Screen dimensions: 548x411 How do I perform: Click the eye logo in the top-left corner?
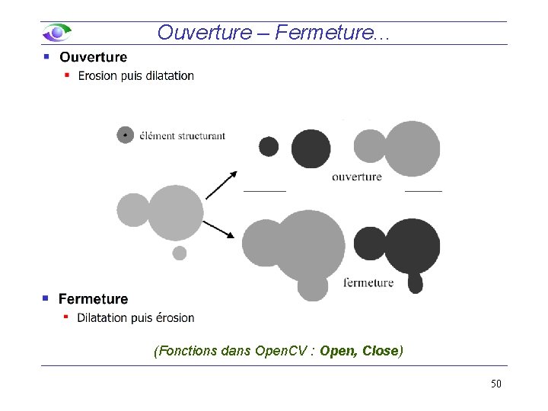click(57, 33)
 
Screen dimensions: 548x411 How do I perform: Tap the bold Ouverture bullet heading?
click(93, 57)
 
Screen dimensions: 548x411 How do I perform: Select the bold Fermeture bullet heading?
click(93, 299)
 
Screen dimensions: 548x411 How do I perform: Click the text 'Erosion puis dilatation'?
click(135, 76)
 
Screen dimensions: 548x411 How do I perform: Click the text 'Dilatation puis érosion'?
click(135, 318)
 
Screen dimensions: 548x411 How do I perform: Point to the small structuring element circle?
click(125, 135)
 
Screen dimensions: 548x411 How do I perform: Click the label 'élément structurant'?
click(182, 136)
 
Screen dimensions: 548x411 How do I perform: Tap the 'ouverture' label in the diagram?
click(357, 177)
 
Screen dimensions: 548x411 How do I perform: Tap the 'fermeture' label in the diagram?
click(369, 282)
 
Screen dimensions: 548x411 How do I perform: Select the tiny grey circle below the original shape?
click(180, 253)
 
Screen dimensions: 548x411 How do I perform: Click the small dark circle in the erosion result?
click(269, 146)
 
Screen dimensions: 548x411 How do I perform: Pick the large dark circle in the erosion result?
click(311, 148)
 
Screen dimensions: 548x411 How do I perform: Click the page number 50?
click(495, 384)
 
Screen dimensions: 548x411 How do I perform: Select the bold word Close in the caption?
click(381, 351)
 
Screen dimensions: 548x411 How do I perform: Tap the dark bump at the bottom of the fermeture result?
click(415, 282)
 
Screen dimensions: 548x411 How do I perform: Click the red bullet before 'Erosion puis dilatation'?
click(67, 75)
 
